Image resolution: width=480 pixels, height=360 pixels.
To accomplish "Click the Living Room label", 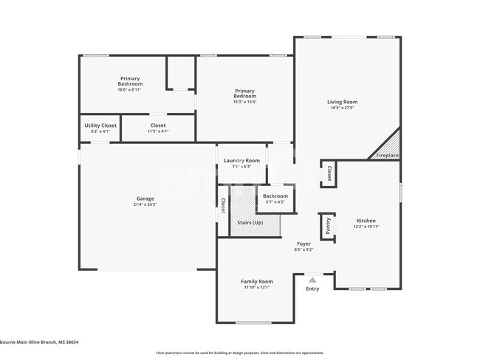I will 343,102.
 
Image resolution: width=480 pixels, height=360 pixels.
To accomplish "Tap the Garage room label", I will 145,198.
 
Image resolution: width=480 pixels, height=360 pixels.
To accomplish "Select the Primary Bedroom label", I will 244,94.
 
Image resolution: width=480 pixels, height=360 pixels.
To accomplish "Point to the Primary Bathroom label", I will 130,81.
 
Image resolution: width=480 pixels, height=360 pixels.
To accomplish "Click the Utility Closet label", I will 100,125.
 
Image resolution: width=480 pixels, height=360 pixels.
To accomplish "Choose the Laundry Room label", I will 241,161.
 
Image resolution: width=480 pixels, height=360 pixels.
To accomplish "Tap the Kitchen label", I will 366,221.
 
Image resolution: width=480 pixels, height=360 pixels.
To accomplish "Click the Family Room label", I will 257,281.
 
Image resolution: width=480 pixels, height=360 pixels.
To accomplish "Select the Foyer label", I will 304,243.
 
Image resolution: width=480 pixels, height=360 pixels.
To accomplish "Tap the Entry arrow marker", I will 312,280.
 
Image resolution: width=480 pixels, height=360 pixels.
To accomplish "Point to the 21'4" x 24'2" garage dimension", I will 145,204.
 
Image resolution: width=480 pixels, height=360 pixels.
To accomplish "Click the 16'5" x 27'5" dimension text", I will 343,108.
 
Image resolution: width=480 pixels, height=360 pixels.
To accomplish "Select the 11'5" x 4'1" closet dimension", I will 158,131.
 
